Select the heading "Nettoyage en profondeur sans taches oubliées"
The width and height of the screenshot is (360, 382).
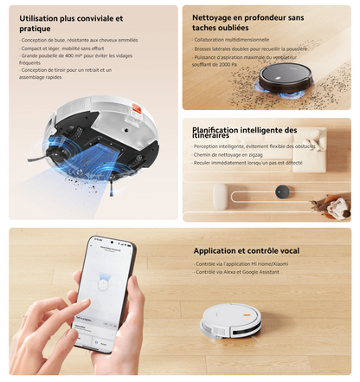(x=247, y=23)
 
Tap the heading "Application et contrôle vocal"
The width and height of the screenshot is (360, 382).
(x=246, y=250)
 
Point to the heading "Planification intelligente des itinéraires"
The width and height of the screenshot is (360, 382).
(x=244, y=133)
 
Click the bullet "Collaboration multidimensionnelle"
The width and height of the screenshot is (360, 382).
(x=231, y=40)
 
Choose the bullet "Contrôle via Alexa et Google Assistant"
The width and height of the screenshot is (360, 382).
(x=239, y=271)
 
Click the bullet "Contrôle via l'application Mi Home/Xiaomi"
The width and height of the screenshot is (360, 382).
(x=242, y=263)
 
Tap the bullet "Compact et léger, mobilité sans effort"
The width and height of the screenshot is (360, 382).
(x=57, y=49)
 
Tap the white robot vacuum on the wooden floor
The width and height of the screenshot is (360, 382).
(x=230, y=320)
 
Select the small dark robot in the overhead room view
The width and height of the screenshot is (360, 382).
(x=281, y=191)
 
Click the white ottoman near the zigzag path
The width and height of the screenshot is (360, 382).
(x=220, y=193)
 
